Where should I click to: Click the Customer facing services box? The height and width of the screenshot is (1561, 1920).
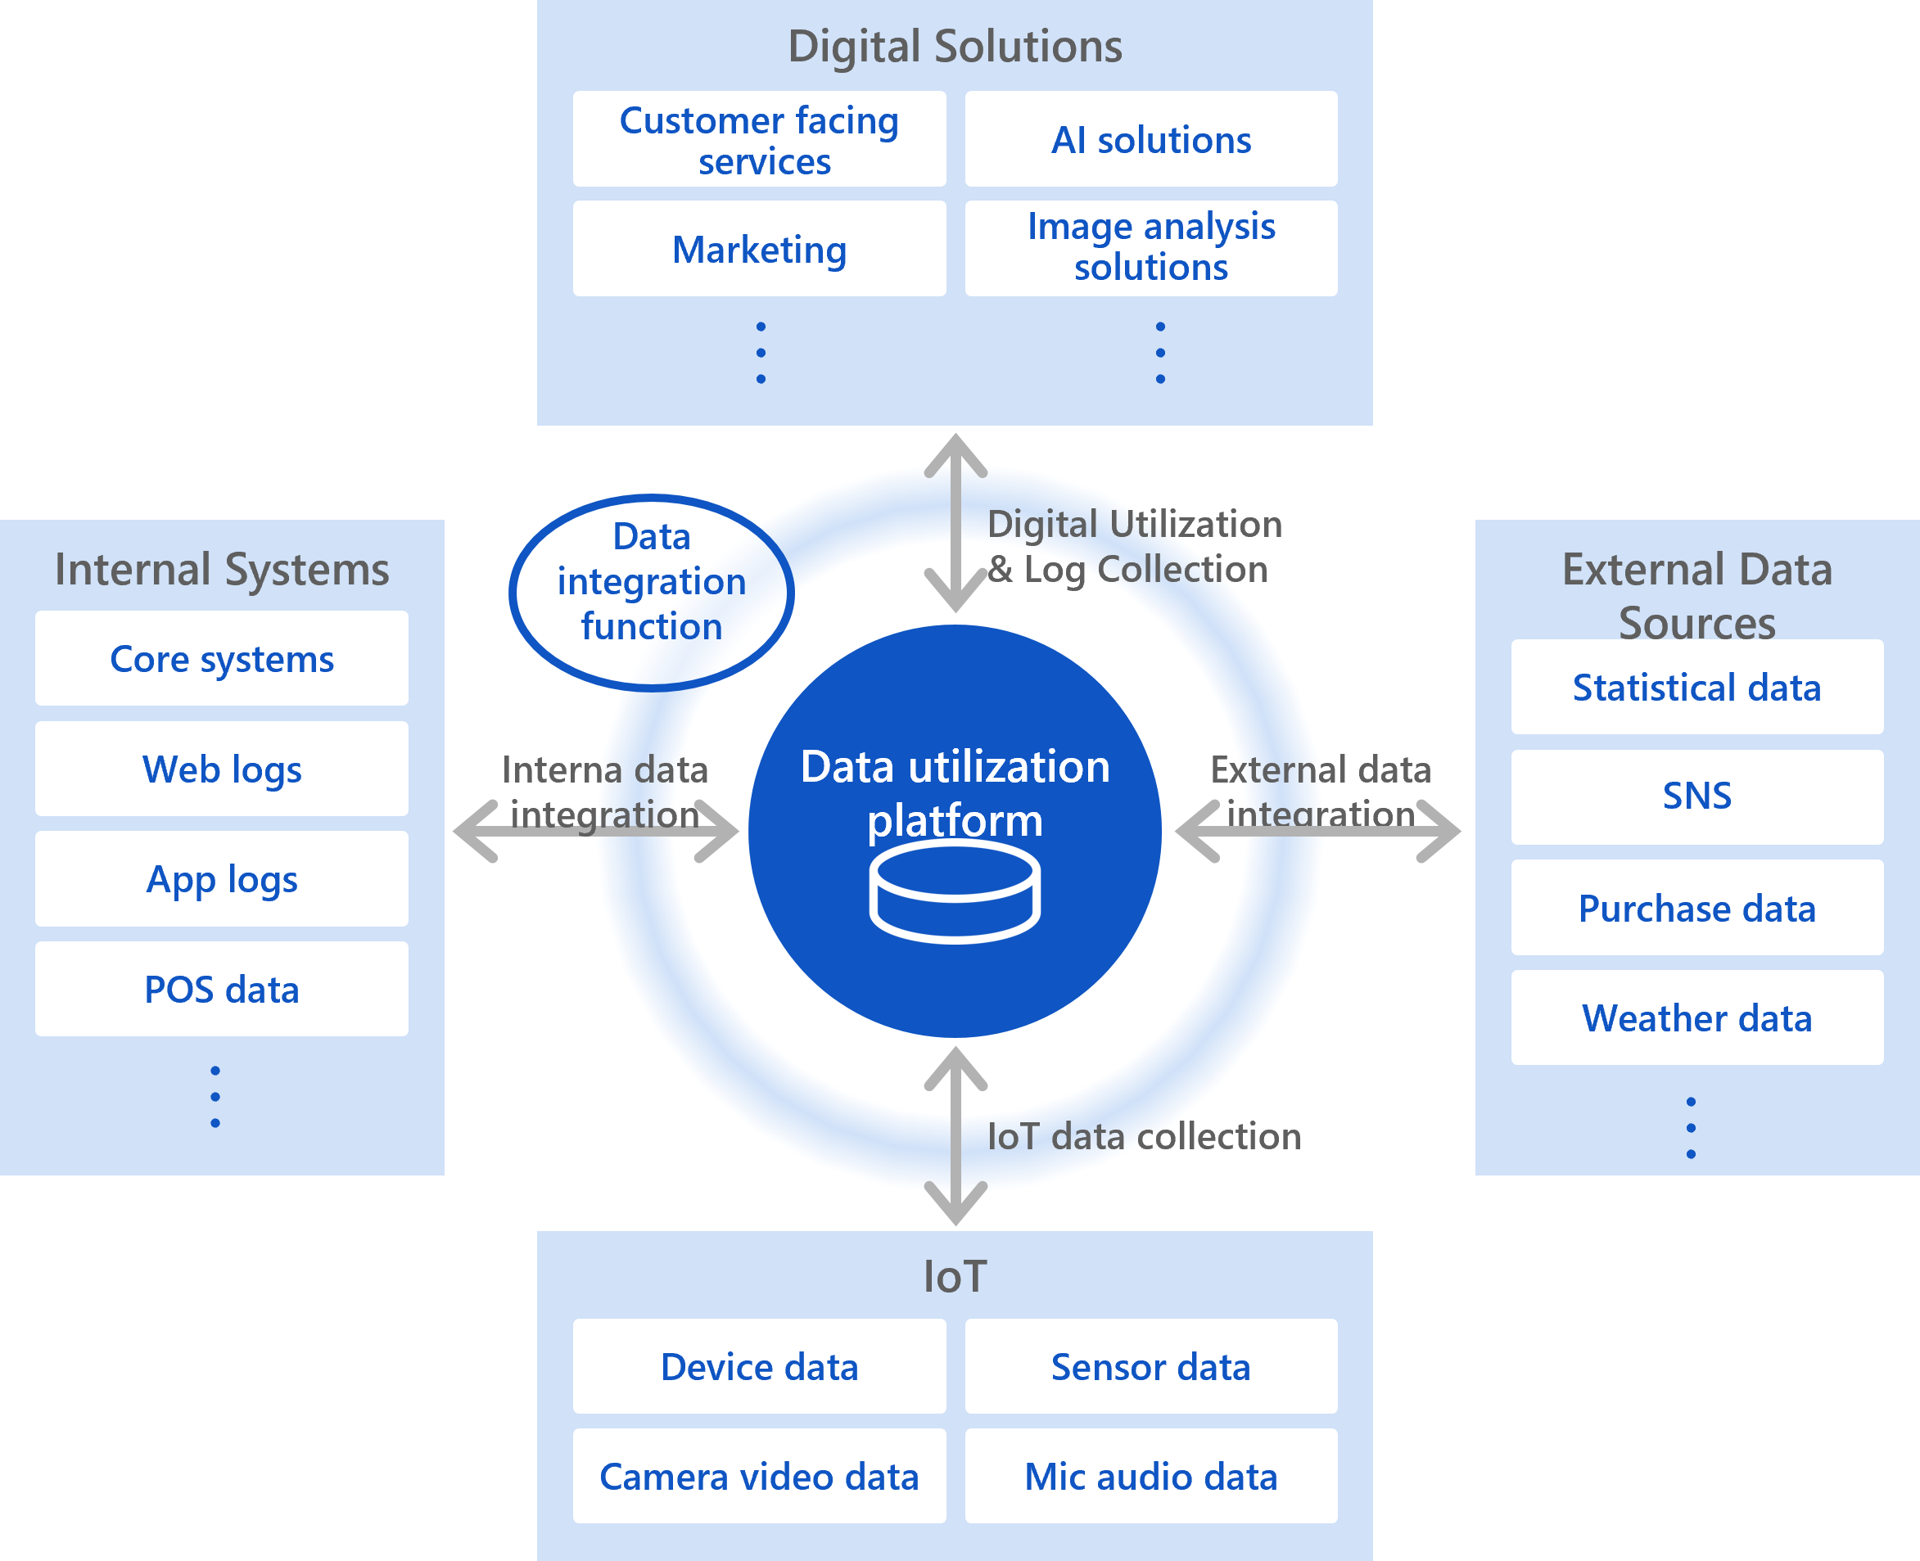(x=759, y=139)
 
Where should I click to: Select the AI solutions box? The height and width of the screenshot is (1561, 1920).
(x=1150, y=139)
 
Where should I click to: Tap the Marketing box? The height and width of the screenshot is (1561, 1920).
(x=759, y=249)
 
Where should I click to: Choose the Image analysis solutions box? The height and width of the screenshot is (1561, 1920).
(x=1150, y=247)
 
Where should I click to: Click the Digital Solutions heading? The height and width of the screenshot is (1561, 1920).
(x=954, y=46)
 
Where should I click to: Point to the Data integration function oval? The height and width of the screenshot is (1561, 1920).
(x=651, y=592)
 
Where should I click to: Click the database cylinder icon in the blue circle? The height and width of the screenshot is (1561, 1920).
(x=954, y=896)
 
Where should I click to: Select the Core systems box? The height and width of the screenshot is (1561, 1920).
(x=221, y=658)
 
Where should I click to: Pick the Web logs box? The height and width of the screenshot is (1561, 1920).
(x=221, y=769)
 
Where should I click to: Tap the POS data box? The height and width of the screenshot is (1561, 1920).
(x=221, y=989)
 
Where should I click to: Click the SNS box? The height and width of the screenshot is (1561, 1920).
(x=1696, y=796)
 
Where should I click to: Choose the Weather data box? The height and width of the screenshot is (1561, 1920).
(x=1696, y=1018)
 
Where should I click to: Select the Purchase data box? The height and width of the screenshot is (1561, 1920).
(x=1696, y=908)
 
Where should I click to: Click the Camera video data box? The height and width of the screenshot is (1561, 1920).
(x=759, y=1477)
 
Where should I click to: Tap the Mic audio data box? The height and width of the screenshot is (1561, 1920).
(x=1150, y=1477)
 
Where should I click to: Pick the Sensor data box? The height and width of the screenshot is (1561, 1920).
(x=1150, y=1367)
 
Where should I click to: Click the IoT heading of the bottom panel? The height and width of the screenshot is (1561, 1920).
(x=954, y=1277)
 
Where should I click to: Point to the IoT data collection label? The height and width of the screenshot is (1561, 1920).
(x=1143, y=1137)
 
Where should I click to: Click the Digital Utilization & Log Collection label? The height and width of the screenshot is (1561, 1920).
(x=1133, y=547)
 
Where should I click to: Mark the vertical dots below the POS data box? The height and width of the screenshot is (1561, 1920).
(x=215, y=1097)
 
